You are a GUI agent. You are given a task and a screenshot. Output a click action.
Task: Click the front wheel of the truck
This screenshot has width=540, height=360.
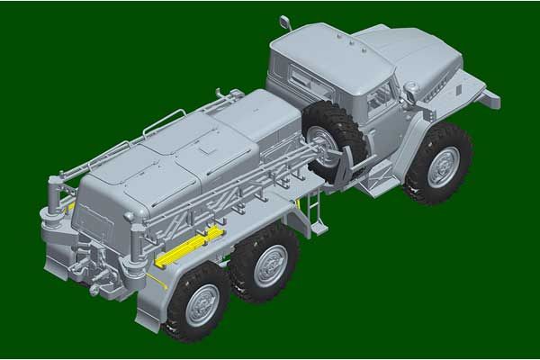438,164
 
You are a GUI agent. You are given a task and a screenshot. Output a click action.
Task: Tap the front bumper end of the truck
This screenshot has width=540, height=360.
491,97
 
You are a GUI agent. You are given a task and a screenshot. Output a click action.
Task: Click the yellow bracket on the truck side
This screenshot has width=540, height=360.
189,248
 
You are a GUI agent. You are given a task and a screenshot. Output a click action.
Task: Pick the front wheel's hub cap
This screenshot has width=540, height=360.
443,166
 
